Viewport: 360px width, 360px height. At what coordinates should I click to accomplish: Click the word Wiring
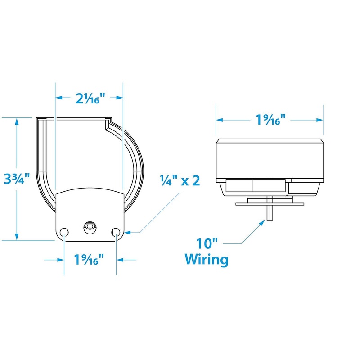pyautogui.click(x=207, y=260)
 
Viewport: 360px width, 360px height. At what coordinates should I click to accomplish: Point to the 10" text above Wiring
pyautogui.click(x=207, y=244)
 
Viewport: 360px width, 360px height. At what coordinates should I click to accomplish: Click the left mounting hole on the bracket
pyautogui.click(x=64, y=232)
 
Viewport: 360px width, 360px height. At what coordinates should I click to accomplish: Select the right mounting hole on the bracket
pyautogui.click(x=116, y=232)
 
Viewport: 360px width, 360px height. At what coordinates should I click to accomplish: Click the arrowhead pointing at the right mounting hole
pyautogui.click(x=125, y=232)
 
